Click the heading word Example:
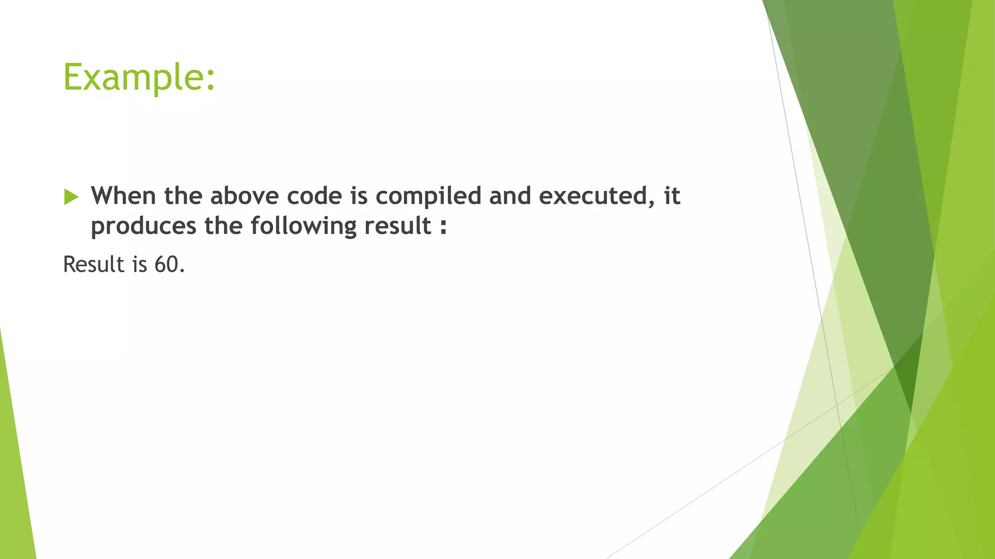coord(139,78)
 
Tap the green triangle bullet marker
coord(71,197)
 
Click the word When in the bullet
coord(123,196)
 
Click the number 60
coord(167,265)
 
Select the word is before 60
coord(139,265)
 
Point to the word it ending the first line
coord(672,196)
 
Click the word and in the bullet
coord(510,196)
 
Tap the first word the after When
coord(183,196)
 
